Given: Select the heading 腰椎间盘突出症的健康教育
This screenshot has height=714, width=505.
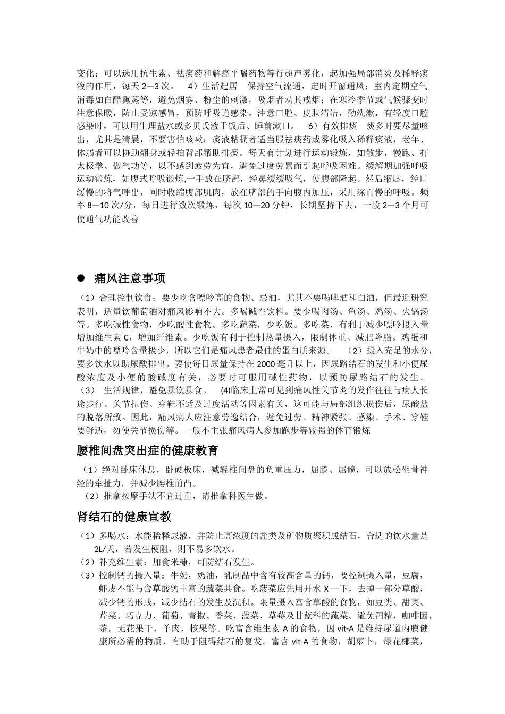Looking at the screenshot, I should click(147, 451).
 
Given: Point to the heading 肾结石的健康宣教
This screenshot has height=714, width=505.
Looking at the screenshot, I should click(123, 517).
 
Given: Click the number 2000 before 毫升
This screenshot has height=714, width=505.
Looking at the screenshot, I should click(265, 364).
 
